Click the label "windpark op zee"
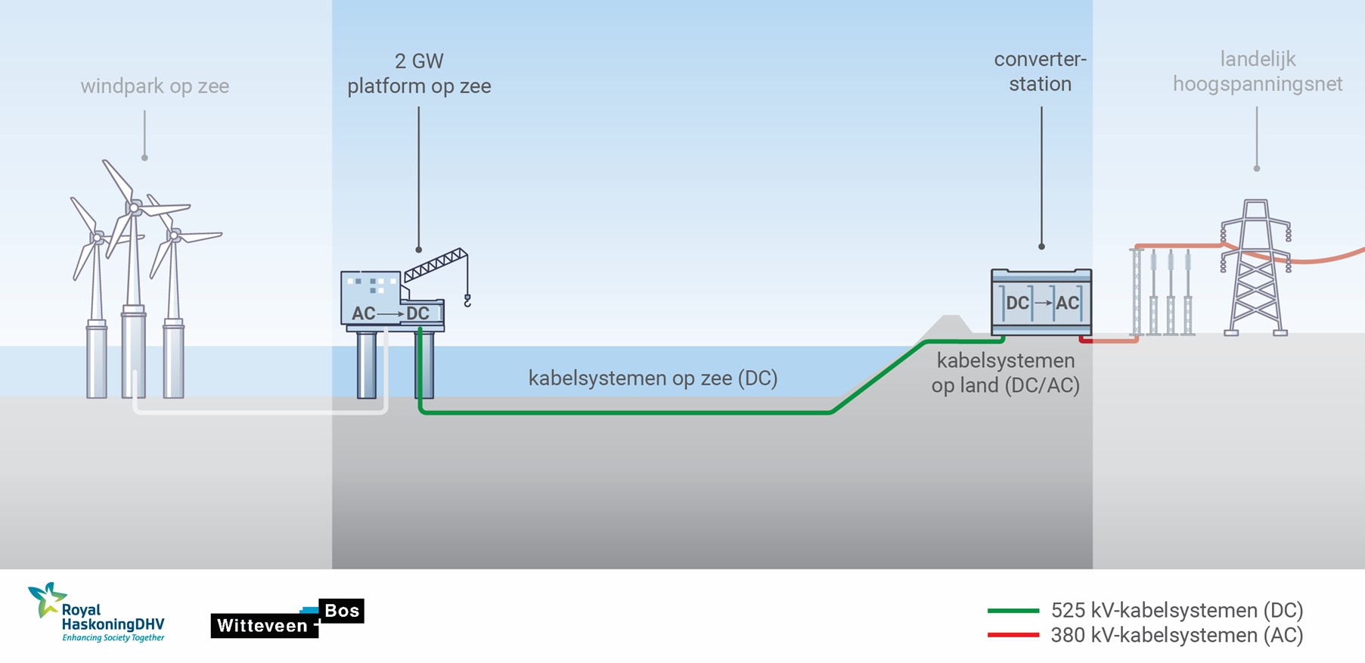[154, 86]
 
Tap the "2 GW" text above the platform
[419, 61]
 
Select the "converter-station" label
[1040, 71]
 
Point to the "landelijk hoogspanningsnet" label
[1257, 71]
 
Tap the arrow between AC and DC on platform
[390, 313]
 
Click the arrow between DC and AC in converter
[1043, 303]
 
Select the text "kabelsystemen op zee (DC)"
[653, 378]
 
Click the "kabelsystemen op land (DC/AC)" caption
[1005, 372]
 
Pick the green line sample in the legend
[1013, 610]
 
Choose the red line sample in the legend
[1013, 635]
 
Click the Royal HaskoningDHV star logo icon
[45, 599]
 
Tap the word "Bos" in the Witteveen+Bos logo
[341, 611]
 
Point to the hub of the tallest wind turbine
[134, 207]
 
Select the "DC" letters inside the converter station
[1017, 303]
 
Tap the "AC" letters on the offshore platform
[363, 313]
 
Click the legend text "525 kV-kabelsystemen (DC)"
[1177, 610]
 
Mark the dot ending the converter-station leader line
[1041, 247]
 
